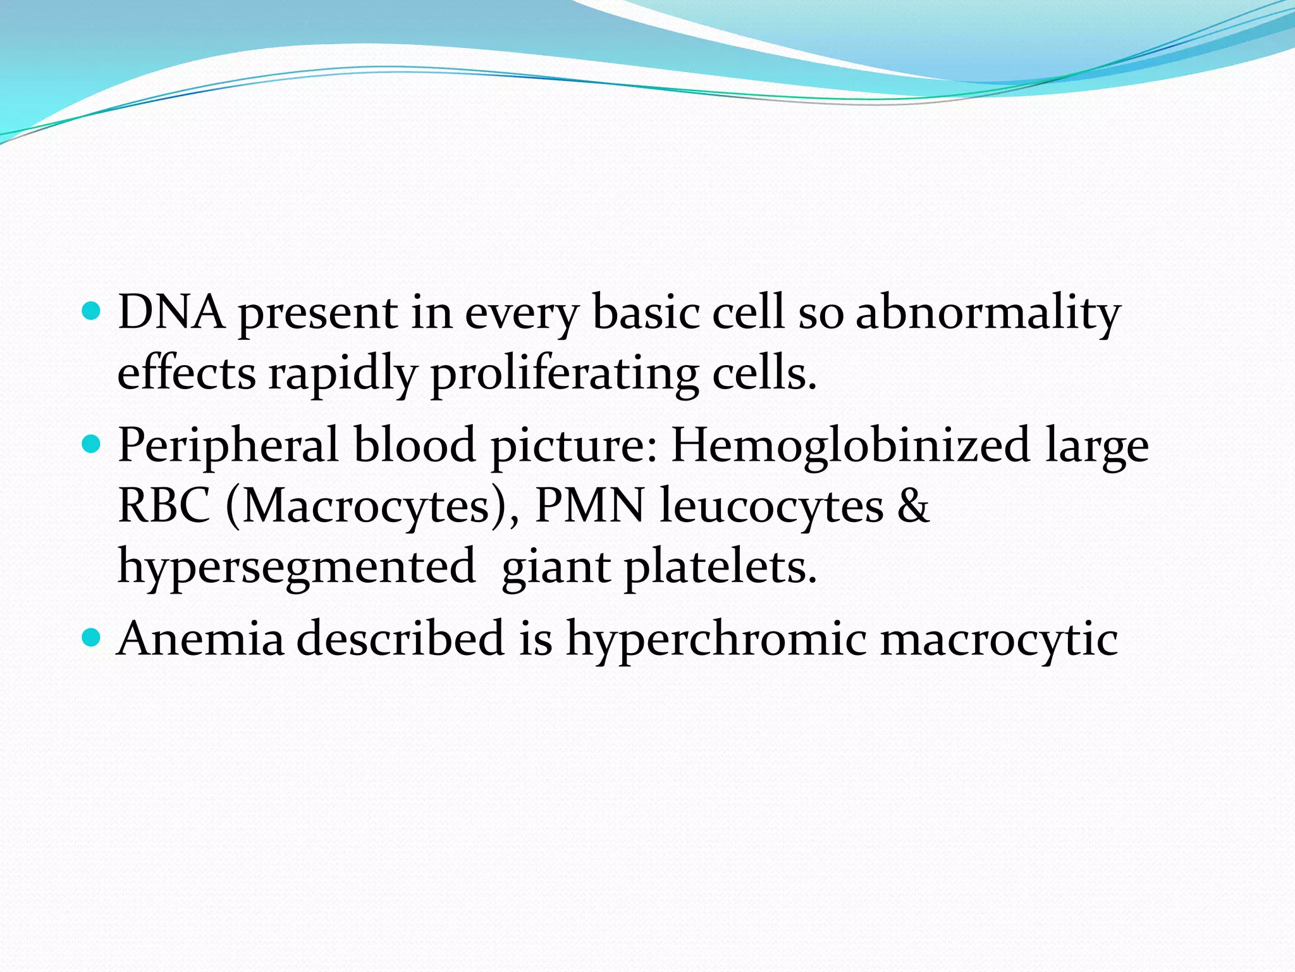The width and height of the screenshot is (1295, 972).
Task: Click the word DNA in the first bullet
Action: click(171, 313)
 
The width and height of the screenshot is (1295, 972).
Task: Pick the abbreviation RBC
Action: click(164, 506)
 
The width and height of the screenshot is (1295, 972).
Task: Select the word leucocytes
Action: click(771, 507)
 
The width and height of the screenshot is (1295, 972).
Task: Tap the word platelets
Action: click(720, 566)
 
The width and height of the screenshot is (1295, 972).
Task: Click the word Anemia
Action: click(200, 639)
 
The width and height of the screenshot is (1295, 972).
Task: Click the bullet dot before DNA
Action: click(92, 312)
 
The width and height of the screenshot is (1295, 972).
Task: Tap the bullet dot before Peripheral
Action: click(92, 444)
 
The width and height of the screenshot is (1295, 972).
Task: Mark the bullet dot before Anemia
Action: click(92, 638)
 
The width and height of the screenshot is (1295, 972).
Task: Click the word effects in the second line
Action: click(187, 373)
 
